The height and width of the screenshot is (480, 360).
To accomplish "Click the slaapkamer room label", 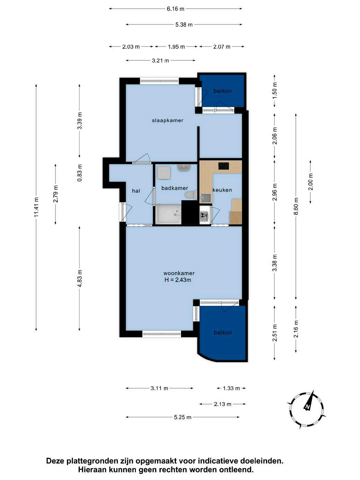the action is point(168,120).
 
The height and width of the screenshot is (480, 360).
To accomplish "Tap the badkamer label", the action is point(174,188).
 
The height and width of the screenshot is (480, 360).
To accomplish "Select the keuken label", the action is point(222,190).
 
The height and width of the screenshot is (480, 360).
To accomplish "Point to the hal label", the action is point(136,191).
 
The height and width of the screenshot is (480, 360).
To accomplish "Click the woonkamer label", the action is point(179,273).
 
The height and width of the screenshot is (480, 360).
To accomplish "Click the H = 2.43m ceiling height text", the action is point(178,280).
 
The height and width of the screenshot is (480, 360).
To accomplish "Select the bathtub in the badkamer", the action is point(168,214).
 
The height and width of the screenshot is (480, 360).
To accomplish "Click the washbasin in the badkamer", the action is point(184,168).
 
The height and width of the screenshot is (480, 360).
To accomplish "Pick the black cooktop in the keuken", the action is point(224,166).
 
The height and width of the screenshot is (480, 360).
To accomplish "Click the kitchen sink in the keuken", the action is point(206,198).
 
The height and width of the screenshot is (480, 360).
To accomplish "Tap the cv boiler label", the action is point(205,215).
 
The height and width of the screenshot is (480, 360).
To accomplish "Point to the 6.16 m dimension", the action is point(175,9).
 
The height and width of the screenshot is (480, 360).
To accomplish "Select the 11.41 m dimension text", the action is point(36,207).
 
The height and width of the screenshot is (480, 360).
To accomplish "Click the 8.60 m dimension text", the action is point(296,207).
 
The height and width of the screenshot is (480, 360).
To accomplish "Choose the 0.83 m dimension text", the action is point(79,173).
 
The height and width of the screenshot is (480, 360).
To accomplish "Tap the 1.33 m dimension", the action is point(231,388).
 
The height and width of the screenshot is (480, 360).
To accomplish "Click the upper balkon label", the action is point(223,91).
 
